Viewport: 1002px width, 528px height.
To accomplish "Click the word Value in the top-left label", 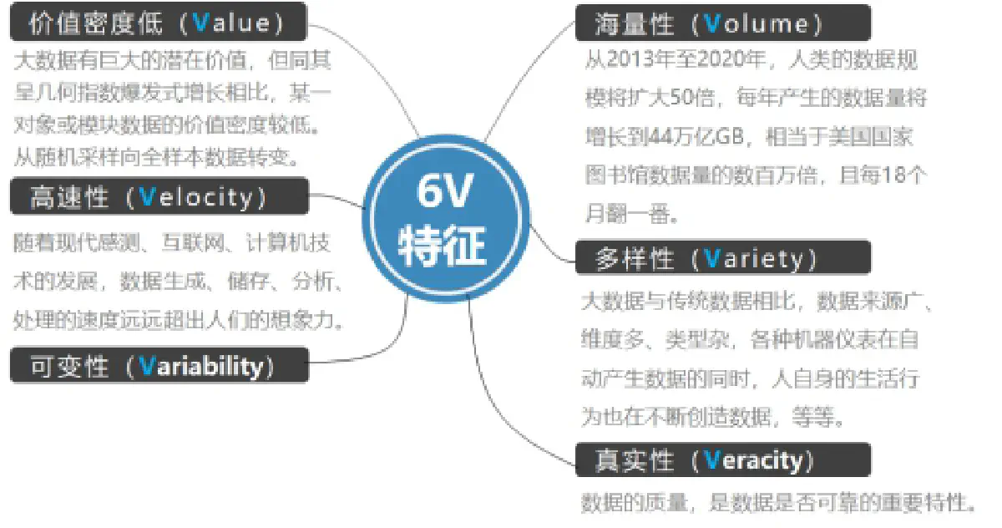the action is tap(232, 23).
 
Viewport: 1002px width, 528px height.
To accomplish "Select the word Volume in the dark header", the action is tap(757, 23).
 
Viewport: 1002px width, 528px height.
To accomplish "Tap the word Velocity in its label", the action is tap(196, 197).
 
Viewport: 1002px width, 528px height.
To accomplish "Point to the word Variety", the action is tap(753, 259).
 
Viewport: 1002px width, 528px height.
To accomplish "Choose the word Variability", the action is tap(201, 366).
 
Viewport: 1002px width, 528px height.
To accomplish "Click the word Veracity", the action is tap(753, 460).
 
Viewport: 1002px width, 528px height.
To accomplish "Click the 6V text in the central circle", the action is tap(444, 191).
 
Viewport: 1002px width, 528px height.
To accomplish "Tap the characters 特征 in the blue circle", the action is tap(442, 246).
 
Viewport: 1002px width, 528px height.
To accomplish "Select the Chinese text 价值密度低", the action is tap(96, 23).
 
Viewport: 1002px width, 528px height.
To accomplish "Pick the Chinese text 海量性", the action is tap(635, 23).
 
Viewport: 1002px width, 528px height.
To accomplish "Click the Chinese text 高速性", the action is tap(70, 197).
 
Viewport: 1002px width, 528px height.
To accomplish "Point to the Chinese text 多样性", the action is tap(635, 259).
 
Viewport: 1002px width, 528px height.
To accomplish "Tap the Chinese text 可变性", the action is tap(70, 366).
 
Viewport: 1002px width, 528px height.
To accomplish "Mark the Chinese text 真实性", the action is tap(635, 460).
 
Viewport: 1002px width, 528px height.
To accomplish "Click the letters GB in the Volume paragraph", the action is tap(730, 136).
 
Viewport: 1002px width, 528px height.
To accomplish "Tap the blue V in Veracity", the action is tap(712, 459).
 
